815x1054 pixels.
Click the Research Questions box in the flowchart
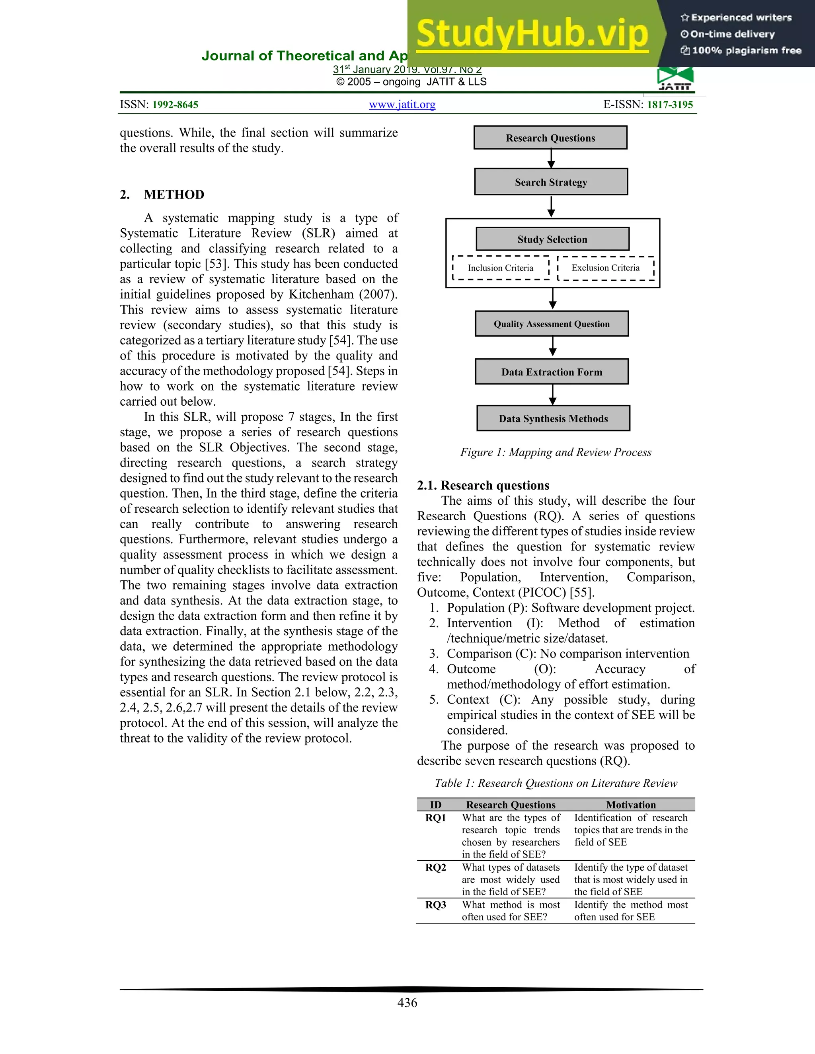click(550, 138)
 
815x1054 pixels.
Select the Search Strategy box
click(551, 182)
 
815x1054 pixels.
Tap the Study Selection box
click(552, 239)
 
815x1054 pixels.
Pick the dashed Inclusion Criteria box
click(501, 268)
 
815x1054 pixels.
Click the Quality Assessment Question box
click(552, 324)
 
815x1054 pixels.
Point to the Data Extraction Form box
click(552, 371)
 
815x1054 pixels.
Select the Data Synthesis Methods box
click(553, 418)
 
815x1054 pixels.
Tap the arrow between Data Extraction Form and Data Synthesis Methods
click(552, 395)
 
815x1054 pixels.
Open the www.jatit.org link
click(402, 105)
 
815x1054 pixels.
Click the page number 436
click(407, 1002)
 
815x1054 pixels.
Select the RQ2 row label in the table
click(435, 867)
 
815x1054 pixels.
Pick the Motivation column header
click(631, 805)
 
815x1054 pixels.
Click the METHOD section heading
click(174, 194)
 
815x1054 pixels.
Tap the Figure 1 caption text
click(556, 452)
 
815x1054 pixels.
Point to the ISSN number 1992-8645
click(175, 105)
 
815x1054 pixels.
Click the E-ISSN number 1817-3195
click(670, 105)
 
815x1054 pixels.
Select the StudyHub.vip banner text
click(532, 34)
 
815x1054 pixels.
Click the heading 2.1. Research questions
click(483, 485)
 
